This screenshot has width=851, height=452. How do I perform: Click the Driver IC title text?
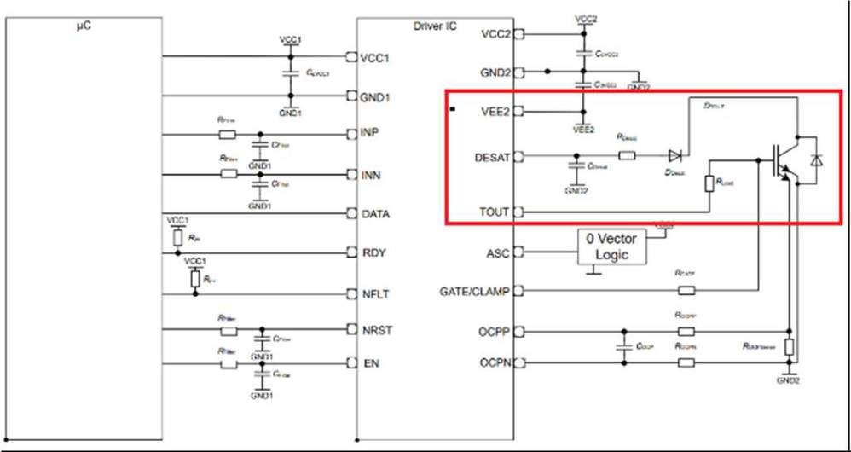tap(435, 26)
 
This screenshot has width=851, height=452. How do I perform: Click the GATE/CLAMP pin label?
tap(476, 291)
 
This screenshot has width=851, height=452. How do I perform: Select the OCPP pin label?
tap(494, 331)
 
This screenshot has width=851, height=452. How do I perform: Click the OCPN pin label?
tap(494, 362)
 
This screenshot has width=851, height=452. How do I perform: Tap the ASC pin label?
tap(498, 252)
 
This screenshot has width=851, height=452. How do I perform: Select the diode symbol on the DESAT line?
tap(675, 156)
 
